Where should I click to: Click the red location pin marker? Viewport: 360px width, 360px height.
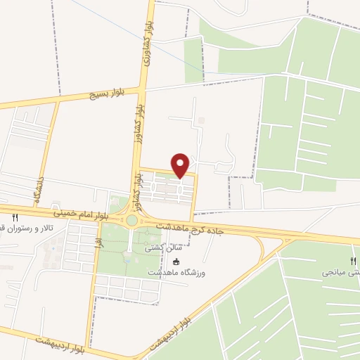click(x=181, y=165)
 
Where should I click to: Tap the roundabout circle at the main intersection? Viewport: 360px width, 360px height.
click(x=131, y=220)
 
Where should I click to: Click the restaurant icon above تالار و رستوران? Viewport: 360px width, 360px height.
click(x=15, y=219)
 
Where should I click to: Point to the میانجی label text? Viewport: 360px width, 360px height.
click(x=341, y=272)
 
